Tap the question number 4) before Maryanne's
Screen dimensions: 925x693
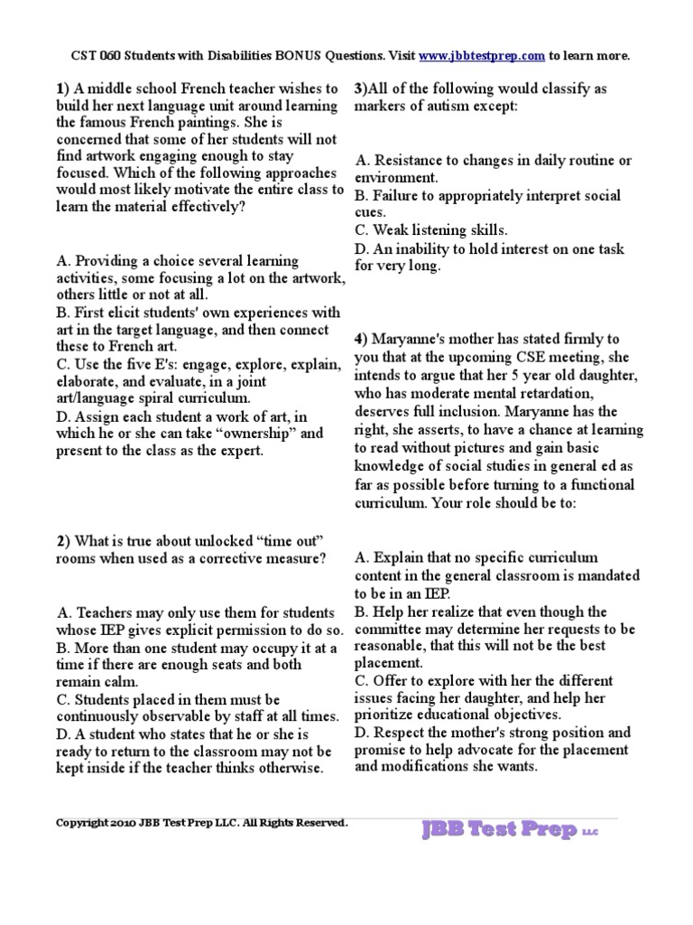(361, 340)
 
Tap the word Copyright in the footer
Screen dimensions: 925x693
(80, 823)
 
